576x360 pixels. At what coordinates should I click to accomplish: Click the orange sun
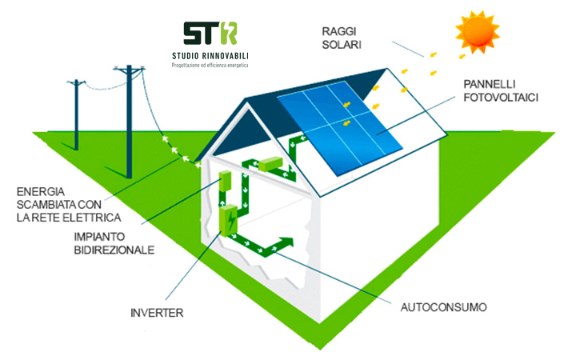pos(477,32)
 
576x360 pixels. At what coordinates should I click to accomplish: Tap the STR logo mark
pos(210,33)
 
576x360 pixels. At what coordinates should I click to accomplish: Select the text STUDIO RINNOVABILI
pos(210,56)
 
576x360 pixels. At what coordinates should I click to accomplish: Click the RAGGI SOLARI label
pos(342,38)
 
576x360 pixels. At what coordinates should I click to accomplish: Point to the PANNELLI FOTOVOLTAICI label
pos(501,90)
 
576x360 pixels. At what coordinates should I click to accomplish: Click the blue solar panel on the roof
pos(340,128)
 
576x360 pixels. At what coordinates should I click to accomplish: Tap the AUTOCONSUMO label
pos(443,307)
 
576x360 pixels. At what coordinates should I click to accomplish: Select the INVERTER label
pos(157,313)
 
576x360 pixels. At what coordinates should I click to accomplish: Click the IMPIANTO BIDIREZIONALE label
pos(114,243)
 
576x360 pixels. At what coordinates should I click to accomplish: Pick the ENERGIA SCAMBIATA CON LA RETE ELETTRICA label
pos(69,205)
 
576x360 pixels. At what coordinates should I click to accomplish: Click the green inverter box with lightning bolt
pos(228,220)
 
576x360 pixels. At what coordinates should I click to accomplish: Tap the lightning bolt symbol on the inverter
pos(231,221)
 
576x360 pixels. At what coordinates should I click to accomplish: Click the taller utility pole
pos(128,122)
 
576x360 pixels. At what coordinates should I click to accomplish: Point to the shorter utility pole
pos(76,114)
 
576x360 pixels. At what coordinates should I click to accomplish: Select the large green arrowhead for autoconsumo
pos(286,242)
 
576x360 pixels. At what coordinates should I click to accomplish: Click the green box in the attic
pos(270,164)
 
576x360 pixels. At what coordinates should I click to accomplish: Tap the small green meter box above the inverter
pos(225,181)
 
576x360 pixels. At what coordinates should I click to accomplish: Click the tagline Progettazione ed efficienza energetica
pos(210,66)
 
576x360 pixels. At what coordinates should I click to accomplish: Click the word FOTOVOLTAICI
pos(501,98)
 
